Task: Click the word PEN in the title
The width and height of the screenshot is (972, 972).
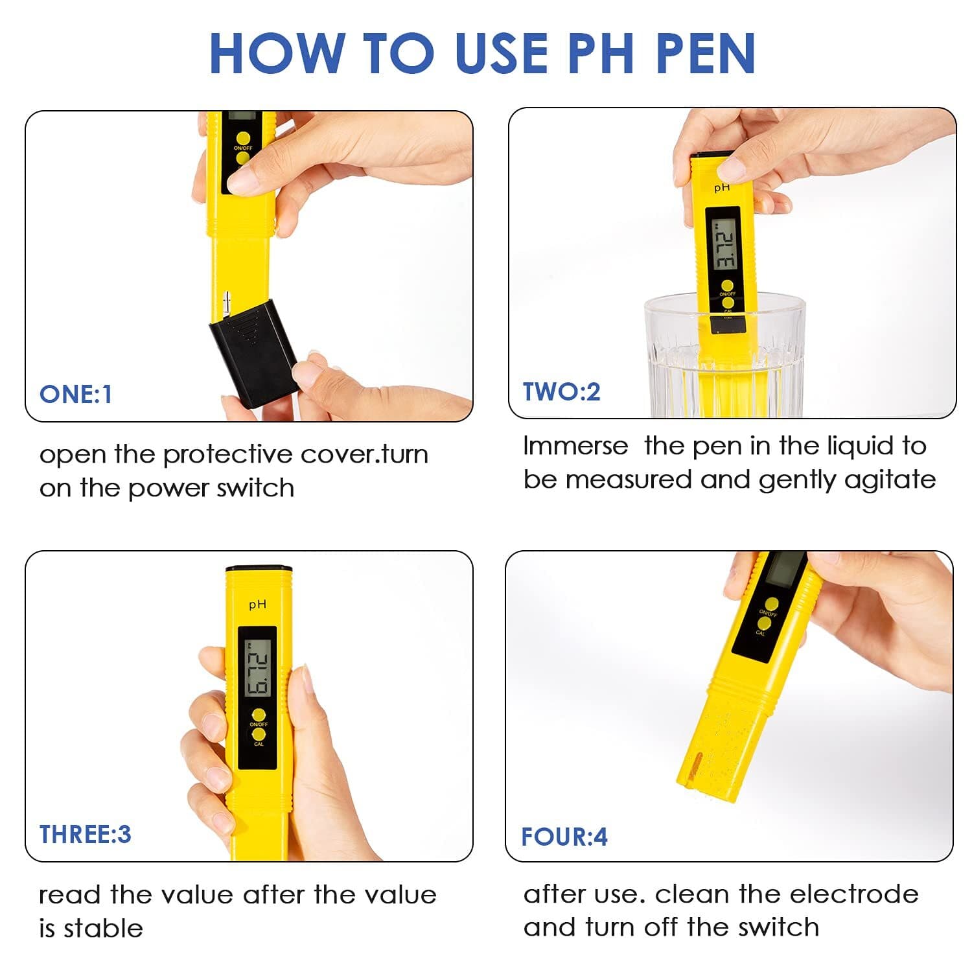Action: pos(706,53)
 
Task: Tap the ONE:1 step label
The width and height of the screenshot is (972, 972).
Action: pos(76,394)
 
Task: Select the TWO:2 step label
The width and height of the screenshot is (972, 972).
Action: pos(561,391)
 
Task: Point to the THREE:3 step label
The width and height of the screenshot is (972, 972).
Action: pos(85,834)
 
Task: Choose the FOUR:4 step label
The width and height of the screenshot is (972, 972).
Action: pos(564,837)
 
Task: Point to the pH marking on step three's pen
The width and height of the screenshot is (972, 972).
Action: pos(257,605)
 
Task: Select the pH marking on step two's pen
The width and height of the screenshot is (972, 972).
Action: pos(722,187)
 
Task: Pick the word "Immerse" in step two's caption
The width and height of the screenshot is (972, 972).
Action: pos(575,446)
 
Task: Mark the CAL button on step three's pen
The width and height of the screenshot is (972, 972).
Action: pos(259,735)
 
